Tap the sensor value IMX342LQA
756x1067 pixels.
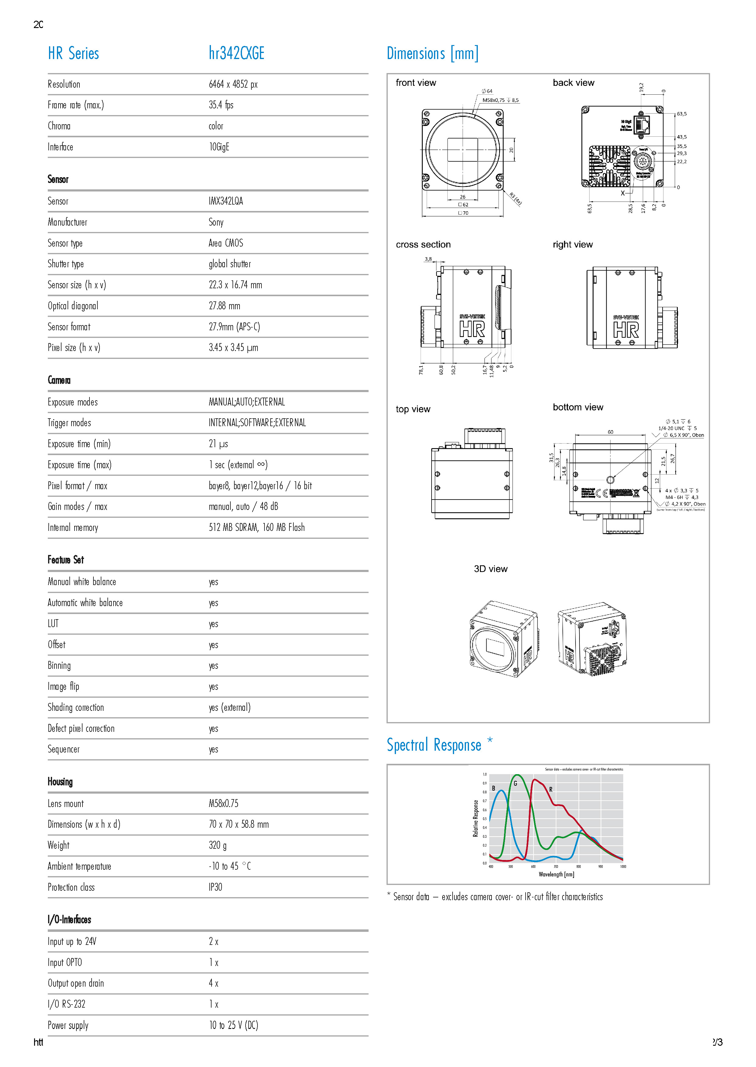pyautogui.click(x=226, y=201)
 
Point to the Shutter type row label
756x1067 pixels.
pyautogui.click(x=66, y=264)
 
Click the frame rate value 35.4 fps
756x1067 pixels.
pyautogui.click(x=221, y=105)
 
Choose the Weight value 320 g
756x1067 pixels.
pyautogui.click(x=217, y=845)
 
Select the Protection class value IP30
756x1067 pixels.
pyautogui.click(x=215, y=887)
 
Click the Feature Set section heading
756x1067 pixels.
pyautogui.click(x=66, y=560)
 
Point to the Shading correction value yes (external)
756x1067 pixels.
pyautogui.click(x=229, y=707)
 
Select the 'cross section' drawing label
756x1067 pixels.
pyautogui.click(x=423, y=244)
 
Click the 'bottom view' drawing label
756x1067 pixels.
pyautogui.click(x=578, y=407)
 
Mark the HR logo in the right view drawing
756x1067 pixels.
pyautogui.click(x=626, y=330)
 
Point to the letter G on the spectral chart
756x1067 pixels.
pyautogui.click(x=515, y=784)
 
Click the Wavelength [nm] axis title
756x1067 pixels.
pyautogui.click(x=556, y=874)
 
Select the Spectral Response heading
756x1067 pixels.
pyautogui.click(x=434, y=745)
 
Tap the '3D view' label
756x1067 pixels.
pyautogui.click(x=491, y=569)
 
